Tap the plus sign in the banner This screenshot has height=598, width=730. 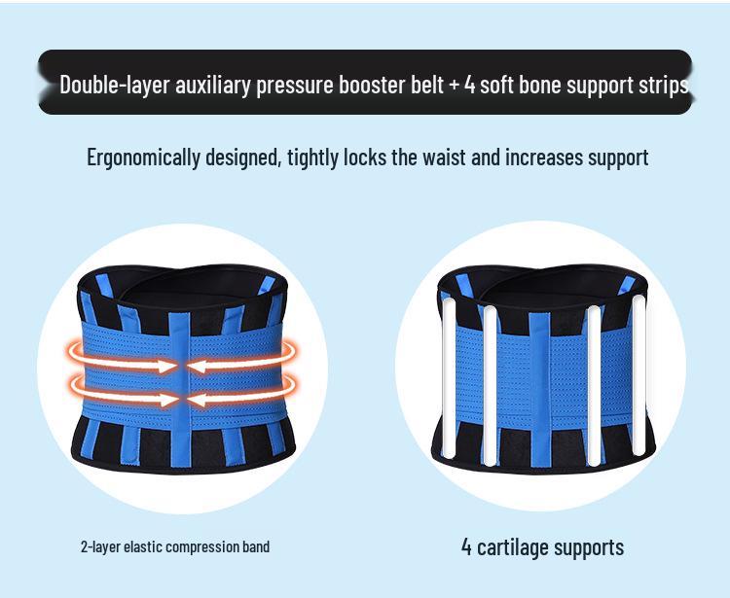point(455,86)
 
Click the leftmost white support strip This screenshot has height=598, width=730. point(449,378)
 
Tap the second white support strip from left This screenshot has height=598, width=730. point(490,386)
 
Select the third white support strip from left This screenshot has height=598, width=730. point(594,386)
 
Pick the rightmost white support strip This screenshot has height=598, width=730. point(639,375)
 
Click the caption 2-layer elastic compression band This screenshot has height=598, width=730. point(175,546)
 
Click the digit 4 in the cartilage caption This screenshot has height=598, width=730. point(466,546)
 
